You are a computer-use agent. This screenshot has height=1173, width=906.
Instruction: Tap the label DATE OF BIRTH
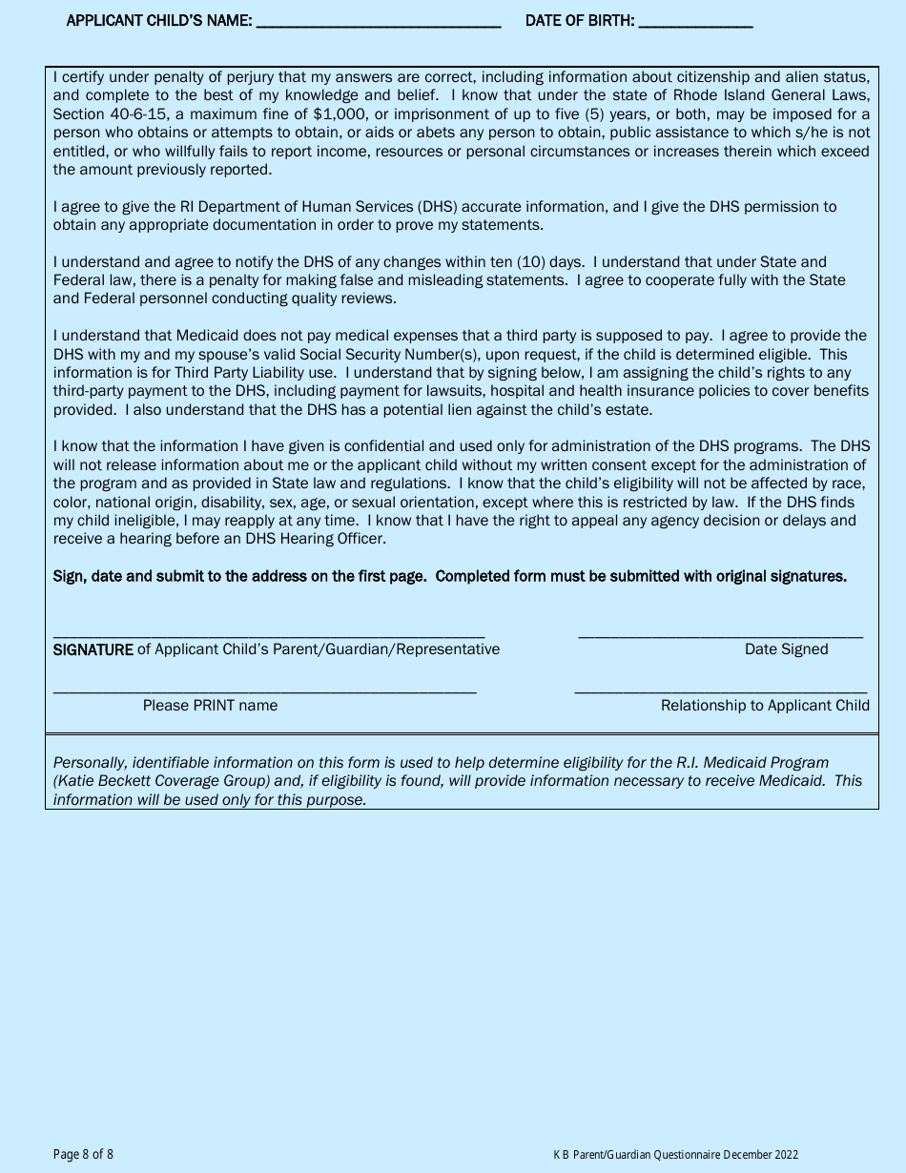[580, 20]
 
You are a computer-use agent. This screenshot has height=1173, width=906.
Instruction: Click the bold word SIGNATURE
[93, 649]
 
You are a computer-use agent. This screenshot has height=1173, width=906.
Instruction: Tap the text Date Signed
[786, 649]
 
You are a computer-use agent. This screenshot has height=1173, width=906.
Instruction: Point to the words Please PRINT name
[210, 706]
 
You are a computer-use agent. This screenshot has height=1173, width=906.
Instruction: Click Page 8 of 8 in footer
[83, 1154]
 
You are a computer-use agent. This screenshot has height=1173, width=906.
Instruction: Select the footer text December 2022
[760, 1155]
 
